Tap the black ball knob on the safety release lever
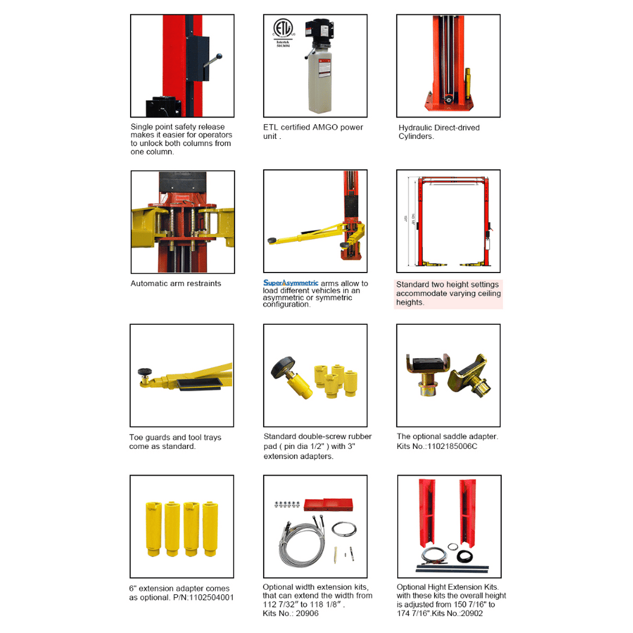(220, 57)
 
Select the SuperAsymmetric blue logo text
(291, 283)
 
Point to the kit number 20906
(307, 613)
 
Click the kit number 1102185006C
(455, 446)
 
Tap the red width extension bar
(328, 505)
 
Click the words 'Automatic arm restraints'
(176, 283)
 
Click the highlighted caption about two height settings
(448, 293)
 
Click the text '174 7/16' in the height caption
(413, 613)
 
